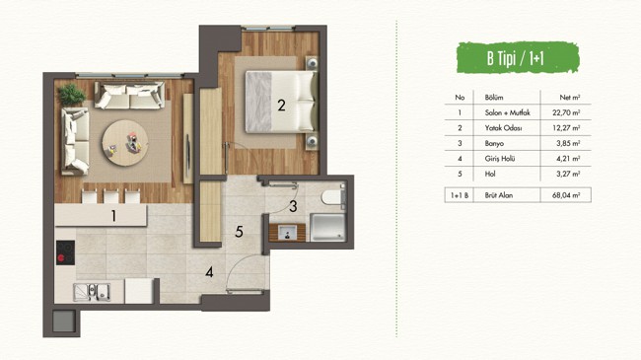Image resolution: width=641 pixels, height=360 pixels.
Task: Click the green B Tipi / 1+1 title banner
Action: (x=518, y=57)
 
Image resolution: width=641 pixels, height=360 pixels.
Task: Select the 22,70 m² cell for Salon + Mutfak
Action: (x=566, y=112)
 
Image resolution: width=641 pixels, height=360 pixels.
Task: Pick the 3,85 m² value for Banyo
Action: (x=568, y=144)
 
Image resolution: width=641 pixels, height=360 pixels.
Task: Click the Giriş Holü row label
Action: (x=500, y=159)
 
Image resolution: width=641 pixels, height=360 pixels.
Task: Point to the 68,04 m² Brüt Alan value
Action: (x=566, y=195)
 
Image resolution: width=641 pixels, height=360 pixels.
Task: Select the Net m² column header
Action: (x=570, y=98)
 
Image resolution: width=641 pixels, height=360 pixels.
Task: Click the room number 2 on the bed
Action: (x=281, y=106)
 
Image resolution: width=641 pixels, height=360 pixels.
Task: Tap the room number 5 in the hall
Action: (x=240, y=232)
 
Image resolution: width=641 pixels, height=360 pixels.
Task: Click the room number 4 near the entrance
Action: (x=209, y=272)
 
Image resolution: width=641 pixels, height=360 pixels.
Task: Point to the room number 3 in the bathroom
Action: (x=293, y=206)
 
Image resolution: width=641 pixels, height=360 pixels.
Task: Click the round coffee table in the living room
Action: (x=125, y=143)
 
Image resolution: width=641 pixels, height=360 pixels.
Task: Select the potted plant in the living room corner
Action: (x=72, y=95)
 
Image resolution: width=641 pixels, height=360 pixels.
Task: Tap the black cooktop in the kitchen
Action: (x=65, y=252)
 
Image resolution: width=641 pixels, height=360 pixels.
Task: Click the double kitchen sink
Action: (x=92, y=292)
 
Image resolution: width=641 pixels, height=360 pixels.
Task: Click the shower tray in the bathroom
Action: (x=327, y=228)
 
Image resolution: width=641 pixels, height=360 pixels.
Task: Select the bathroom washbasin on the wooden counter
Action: (x=287, y=233)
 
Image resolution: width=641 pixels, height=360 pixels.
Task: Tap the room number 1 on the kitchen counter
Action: (x=113, y=216)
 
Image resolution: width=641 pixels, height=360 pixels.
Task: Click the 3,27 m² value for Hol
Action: (x=568, y=174)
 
